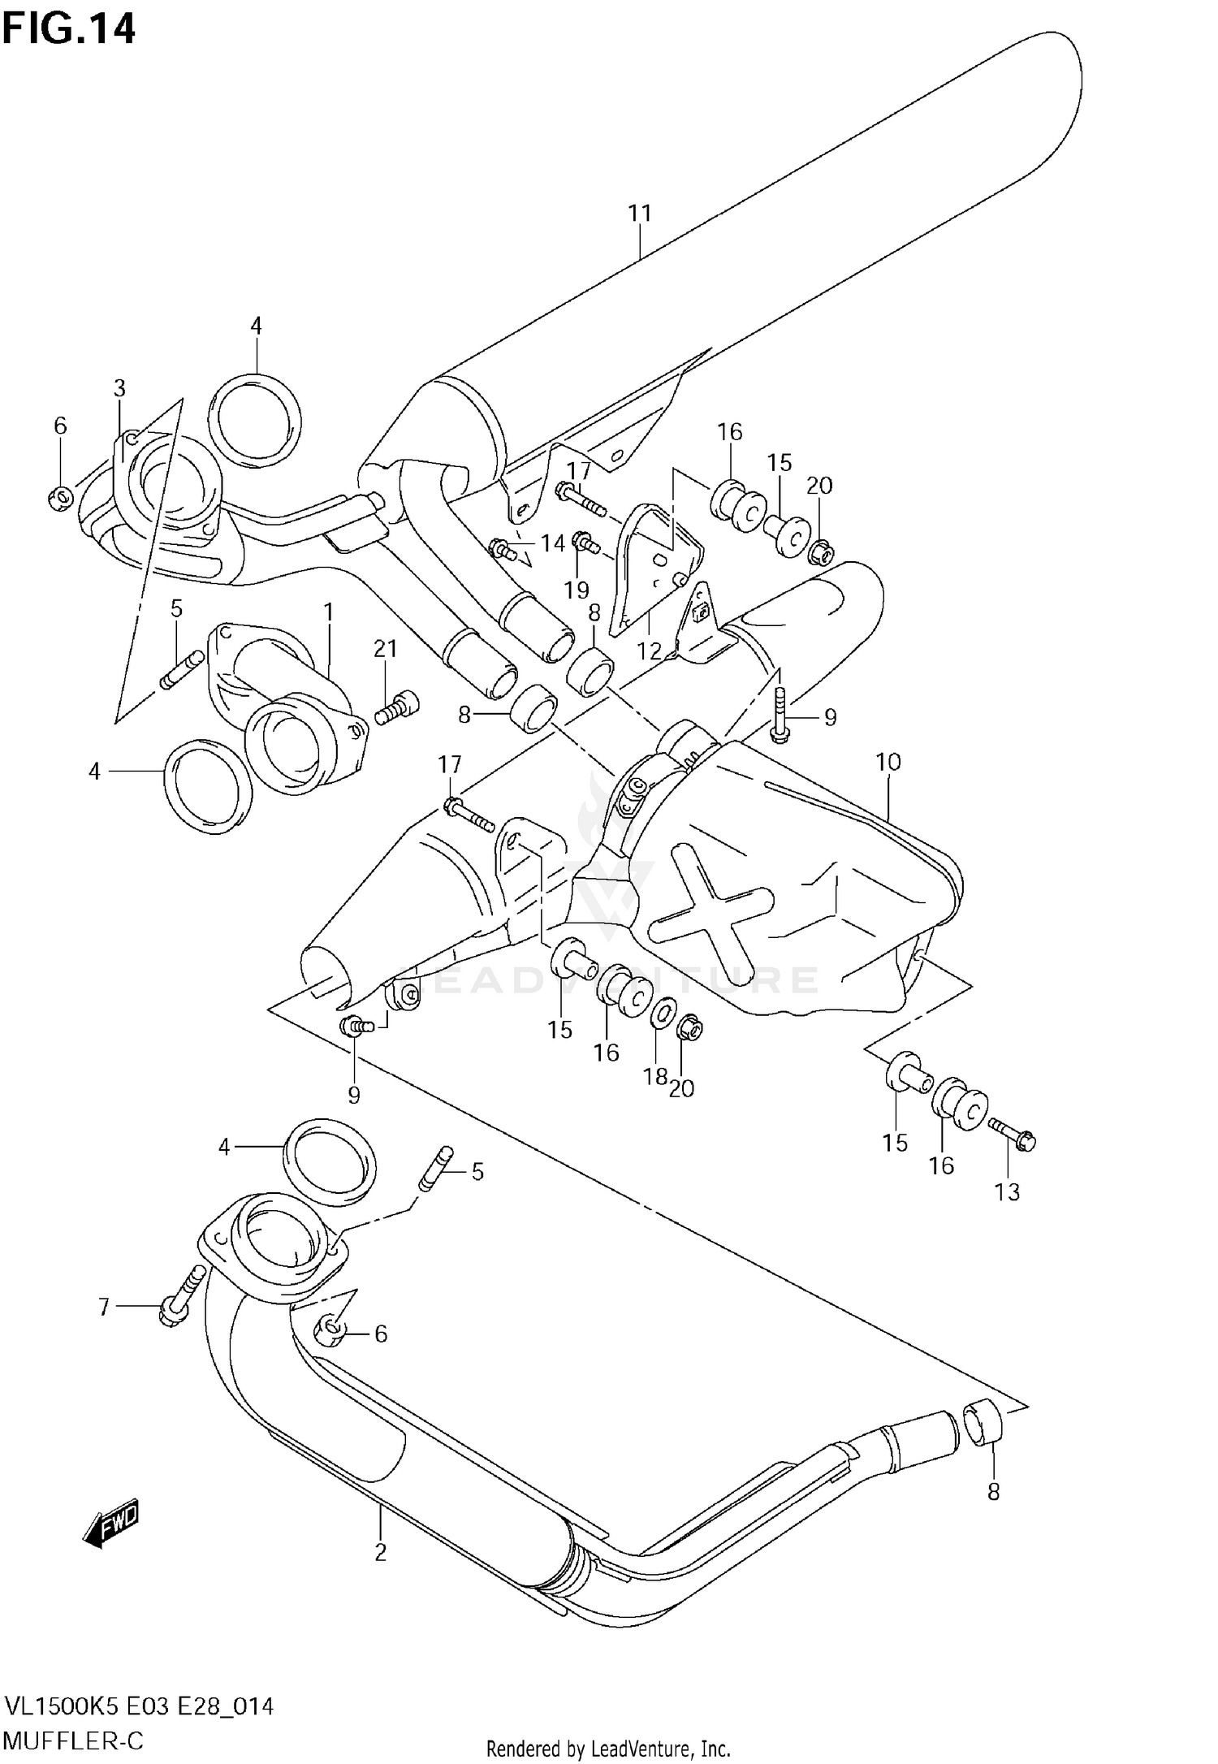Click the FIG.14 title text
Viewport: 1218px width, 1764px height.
tap(68, 29)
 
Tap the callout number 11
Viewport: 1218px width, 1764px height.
tap(640, 213)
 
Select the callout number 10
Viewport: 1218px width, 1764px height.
tap(888, 762)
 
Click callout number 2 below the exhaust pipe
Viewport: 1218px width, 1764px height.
tap(380, 1552)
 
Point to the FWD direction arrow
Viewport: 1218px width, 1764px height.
tap(112, 1520)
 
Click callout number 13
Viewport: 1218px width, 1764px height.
tap(1007, 1192)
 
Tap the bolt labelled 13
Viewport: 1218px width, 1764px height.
tap(1013, 1134)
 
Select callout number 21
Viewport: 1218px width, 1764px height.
tap(386, 648)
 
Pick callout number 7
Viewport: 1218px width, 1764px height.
tap(103, 1308)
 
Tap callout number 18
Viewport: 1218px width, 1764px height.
tap(654, 1076)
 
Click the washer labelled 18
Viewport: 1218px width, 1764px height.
tap(662, 1012)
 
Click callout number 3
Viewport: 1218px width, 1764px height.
tap(119, 388)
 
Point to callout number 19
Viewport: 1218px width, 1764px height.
tap(577, 589)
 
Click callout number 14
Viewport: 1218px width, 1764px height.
tap(553, 543)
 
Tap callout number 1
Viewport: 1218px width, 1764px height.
tap(328, 611)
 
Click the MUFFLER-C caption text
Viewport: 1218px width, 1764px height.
tap(73, 1740)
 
